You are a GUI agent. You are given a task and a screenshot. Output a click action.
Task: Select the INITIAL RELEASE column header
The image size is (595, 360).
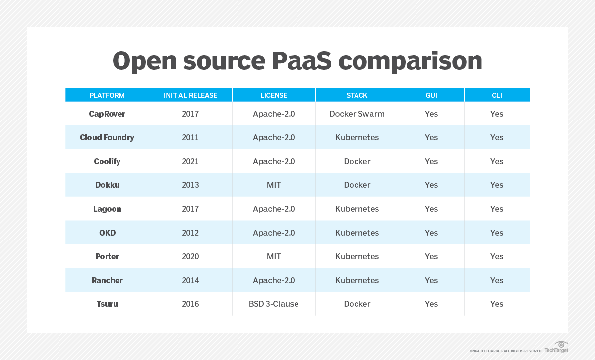[190, 95]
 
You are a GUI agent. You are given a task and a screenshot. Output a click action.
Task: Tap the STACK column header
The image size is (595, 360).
[357, 95]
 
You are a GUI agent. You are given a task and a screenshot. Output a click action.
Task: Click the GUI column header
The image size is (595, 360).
[431, 95]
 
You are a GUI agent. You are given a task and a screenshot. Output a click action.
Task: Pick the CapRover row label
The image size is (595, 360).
[107, 114]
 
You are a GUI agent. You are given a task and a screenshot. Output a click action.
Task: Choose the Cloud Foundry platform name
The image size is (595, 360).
[107, 137]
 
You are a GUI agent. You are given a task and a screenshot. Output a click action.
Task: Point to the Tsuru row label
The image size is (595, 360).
[107, 304]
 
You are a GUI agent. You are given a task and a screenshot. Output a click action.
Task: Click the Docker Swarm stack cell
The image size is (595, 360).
[357, 114]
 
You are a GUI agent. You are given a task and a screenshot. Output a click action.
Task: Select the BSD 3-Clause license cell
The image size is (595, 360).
[274, 304]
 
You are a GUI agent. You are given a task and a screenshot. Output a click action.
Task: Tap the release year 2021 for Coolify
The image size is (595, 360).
[190, 161]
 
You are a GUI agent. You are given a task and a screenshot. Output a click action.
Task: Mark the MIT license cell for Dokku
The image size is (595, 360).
[274, 185]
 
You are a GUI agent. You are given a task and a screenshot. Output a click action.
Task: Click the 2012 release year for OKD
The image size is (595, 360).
[190, 233]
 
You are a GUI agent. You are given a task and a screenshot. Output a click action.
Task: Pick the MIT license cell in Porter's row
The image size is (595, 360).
[274, 256]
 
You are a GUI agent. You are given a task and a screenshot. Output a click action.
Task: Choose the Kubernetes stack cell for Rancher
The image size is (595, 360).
[357, 280]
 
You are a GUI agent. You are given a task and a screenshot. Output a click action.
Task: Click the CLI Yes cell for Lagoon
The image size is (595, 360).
[497, 209]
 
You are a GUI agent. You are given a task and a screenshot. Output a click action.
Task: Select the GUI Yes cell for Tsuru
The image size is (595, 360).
[431, 304]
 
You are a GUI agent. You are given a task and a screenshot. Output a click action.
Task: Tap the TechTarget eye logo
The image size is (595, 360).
[561, 345]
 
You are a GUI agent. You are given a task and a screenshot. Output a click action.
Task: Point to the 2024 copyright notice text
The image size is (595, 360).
[505, 351]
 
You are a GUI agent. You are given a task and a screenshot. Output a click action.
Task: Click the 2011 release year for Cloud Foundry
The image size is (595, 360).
[190, 137]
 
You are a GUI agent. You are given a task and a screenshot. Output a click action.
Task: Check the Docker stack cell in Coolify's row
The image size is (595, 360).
[357, 161]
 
